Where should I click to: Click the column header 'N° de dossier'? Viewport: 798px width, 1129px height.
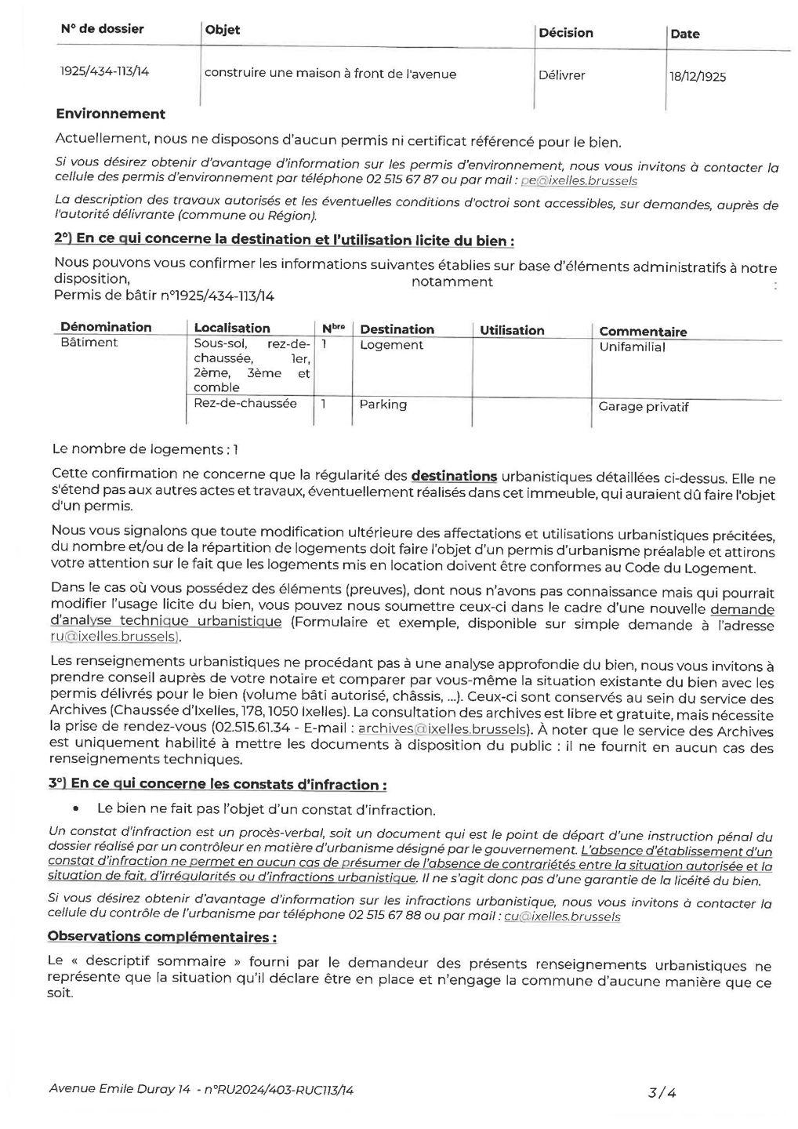tap(102, 29)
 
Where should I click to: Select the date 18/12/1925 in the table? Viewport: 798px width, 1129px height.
tap(698, 77)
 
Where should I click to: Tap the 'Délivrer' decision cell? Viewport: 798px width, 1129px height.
tap(561, 76)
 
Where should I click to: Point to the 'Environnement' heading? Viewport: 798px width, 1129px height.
tap(111, 114)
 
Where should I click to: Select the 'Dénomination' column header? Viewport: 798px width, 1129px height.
tap(106, 327)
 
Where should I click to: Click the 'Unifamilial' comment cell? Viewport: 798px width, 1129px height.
tap(632, 347)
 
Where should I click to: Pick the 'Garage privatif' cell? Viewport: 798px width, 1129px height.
tap(643, 407)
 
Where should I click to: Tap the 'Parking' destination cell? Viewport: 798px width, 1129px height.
tap(383, 405)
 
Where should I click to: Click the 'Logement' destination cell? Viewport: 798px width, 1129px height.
tap(391, 345)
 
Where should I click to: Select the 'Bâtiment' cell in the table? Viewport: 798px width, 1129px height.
tap(89, 343)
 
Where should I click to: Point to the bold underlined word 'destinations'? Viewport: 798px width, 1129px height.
tap(454, 475)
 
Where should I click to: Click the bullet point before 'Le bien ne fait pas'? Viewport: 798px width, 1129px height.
tap(75, 808)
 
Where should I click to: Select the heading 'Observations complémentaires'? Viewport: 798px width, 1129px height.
tap(161, 936)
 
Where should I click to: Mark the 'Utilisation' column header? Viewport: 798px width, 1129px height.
tap(512, 330)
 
